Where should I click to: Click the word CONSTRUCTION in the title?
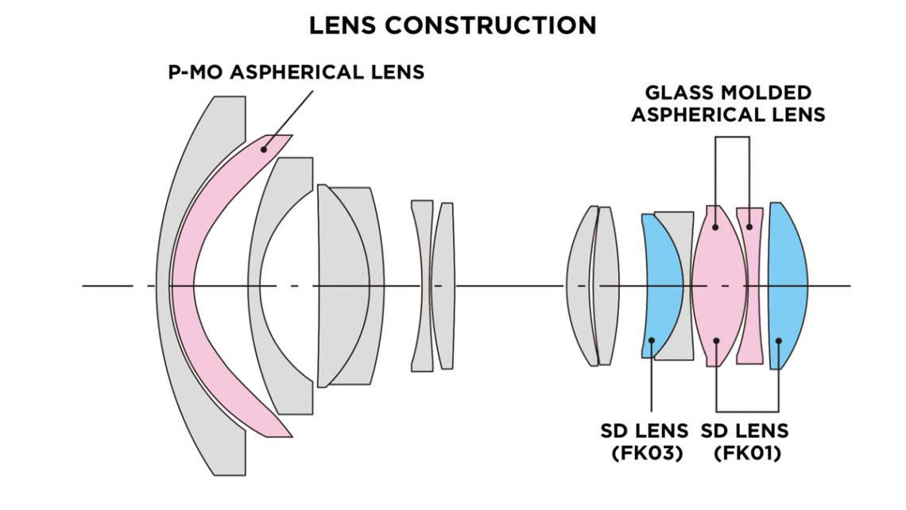[x=491, y=25]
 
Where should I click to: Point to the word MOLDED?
[x=761, y=93]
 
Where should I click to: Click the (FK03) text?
[x=645, y=454]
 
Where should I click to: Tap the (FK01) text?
[x=745, y=454]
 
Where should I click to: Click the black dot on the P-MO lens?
[x=263, y=149]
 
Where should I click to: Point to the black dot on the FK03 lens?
[x=652, y=342]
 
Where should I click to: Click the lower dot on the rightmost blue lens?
[x=779, y=342]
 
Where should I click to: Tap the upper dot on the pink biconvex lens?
[x=716, y=227]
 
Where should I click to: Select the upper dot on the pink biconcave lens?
[x=749, y=227]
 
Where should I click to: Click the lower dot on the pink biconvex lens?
[x=716, y=342]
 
